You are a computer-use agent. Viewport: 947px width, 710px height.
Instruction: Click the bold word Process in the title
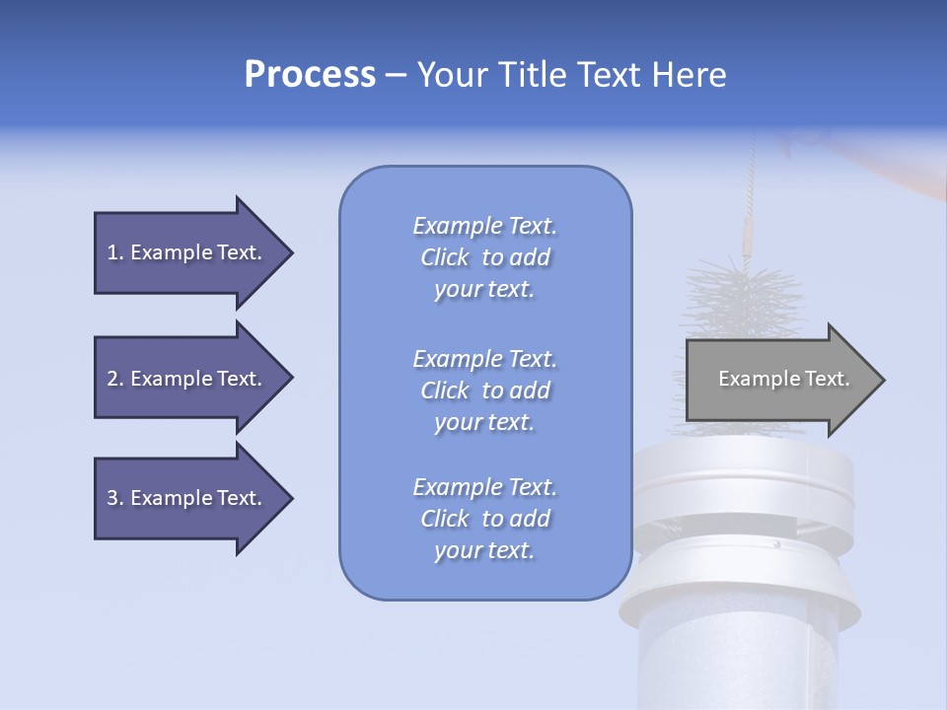[310, 75]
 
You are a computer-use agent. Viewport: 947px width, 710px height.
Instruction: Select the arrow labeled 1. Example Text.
[183, 252]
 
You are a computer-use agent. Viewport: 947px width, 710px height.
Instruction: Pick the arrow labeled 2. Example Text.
[183, 379]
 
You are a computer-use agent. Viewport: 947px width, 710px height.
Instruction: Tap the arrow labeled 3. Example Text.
[183, 498]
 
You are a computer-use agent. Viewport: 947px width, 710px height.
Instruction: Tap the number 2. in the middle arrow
[115, 379]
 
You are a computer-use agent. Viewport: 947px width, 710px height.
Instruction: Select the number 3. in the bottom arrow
[115, 498]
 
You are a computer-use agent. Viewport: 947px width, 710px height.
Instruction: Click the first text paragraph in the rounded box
[484, 257]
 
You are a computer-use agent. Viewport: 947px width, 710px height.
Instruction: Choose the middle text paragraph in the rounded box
[484, 390]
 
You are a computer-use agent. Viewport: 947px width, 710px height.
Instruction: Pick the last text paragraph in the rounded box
[484, 519]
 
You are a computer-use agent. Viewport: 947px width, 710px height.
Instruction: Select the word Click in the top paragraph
[445, 257]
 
